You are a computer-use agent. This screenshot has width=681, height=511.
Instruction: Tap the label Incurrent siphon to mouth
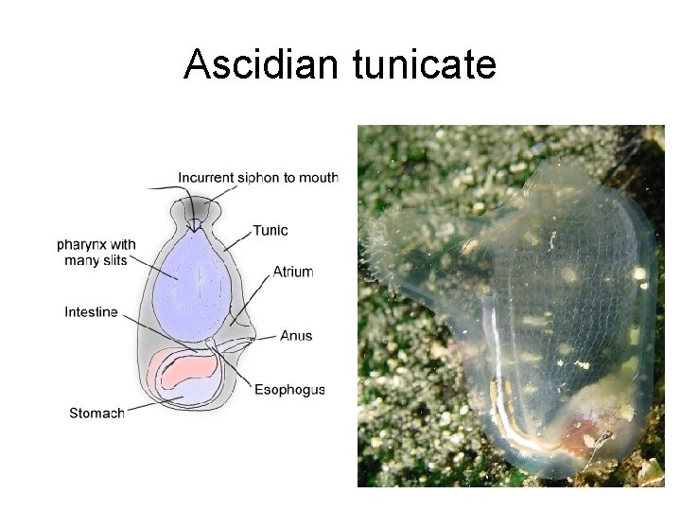click(257, 177)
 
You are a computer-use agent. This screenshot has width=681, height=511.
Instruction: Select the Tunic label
click(271, 230)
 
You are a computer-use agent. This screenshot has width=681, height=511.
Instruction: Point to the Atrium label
click(292, 272)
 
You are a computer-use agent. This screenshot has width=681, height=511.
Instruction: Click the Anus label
click(296, 336)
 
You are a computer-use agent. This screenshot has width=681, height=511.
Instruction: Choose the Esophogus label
click(289, 389)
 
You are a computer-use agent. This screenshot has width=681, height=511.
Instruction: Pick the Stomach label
click(96, 413)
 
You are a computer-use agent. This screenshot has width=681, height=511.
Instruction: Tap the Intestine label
click(91, 312)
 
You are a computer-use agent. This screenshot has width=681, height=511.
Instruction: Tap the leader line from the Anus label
click(268, 336)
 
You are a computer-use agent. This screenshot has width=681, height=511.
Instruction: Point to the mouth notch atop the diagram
click(195, 224)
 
